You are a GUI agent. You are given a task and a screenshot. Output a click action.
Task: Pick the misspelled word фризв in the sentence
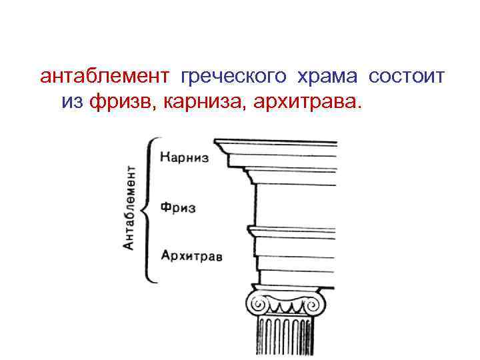(121, 102)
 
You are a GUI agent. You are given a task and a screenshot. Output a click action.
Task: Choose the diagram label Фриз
(178, 208)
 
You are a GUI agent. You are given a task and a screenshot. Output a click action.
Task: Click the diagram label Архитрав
(191, 256)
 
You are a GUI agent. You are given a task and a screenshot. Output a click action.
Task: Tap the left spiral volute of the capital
(256, 305)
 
